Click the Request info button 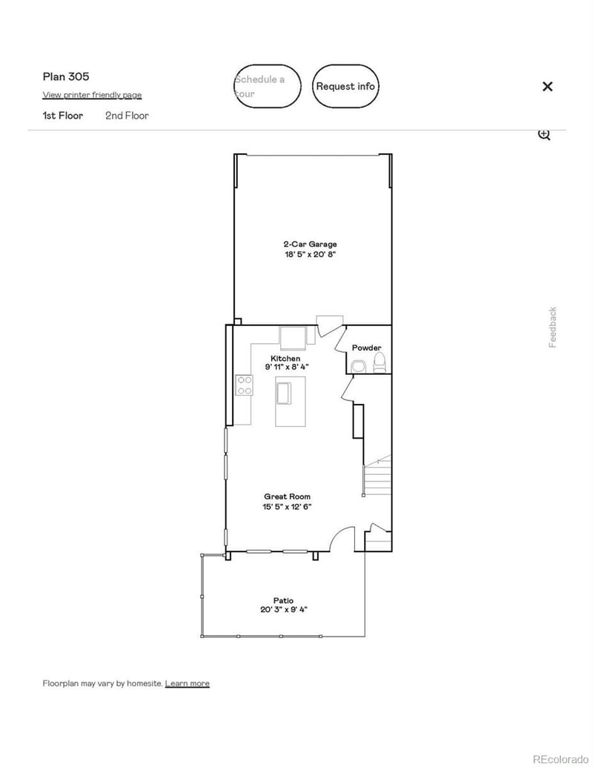[x=345, y=86]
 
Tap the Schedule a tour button [x=268, y=86]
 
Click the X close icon [x=547, y=86]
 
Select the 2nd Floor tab [x=127, y=116]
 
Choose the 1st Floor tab [x=63, y=116]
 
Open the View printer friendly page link [x=92, y=95]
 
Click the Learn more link [x=187, y=683]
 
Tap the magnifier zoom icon [x=544, y=135]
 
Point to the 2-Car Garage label [x=310, y=244]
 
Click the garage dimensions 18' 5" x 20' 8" [x=310, y=254]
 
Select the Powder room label [x=366, y=348]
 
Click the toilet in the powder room [x=380, y=363]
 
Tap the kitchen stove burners [x=244, y=385]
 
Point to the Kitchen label [x=285, y=359]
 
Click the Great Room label [x=287, y=497]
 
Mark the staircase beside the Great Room [x=377, y=478]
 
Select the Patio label [x=283, y=600]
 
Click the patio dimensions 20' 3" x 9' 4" [x=283, y=610]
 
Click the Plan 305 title [x=66, y=76]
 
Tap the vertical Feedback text [x=552, y=327]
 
